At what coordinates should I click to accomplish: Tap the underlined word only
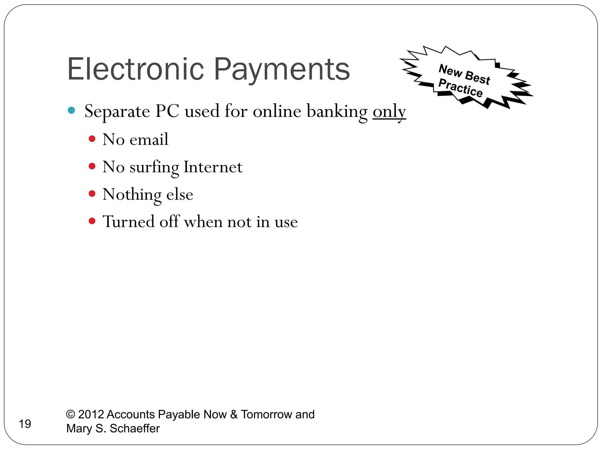[389, 112]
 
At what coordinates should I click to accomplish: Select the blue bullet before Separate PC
[71, 110]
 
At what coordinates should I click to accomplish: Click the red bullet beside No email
[92, 139]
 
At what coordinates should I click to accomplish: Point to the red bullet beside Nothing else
[92, 193]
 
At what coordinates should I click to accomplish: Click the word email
[149, 139]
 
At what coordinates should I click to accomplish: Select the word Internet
[213, 167]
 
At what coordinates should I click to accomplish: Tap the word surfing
[154, 167]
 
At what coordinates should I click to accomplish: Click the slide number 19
[25, 424]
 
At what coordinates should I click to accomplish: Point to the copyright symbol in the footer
[71, 414]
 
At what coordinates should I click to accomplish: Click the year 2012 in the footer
[91, 414]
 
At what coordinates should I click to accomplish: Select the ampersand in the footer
[234, 414]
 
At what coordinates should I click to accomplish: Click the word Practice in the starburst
[460, 88]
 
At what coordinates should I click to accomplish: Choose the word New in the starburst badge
[450, 70]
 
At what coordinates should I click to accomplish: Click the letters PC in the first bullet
[167, 111]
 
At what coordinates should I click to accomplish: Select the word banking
[337, 112]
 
